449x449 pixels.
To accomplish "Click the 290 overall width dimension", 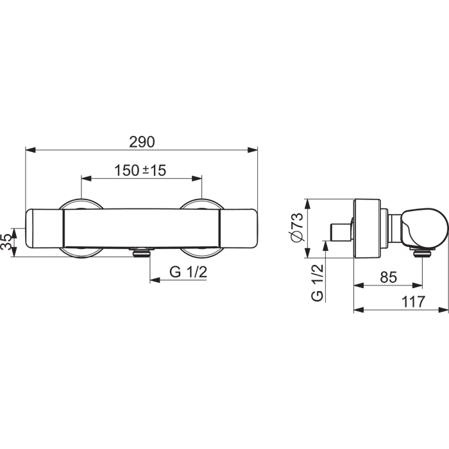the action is pyautogui.click(x=142, y=142).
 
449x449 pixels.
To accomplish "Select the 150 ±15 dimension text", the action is pyautogui.click(x=140, y=171).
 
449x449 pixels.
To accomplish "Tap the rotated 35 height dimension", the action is pyautogui.click(x=7, y=242).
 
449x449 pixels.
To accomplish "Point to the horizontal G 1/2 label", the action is pyautogui.click(x=188, y=272).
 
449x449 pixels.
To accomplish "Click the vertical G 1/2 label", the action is pyautogui.click(x=318, y=283).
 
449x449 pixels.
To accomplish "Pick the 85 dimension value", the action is pyautogui.click(x=389, y=277).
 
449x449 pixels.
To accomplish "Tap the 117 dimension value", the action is pyautogui.click(x=413, y=302).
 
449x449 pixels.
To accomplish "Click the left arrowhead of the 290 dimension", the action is pyautogui.click(x=30, y=149).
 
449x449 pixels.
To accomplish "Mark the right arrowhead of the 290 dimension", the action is pyautogui.click(x=253, y=149).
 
